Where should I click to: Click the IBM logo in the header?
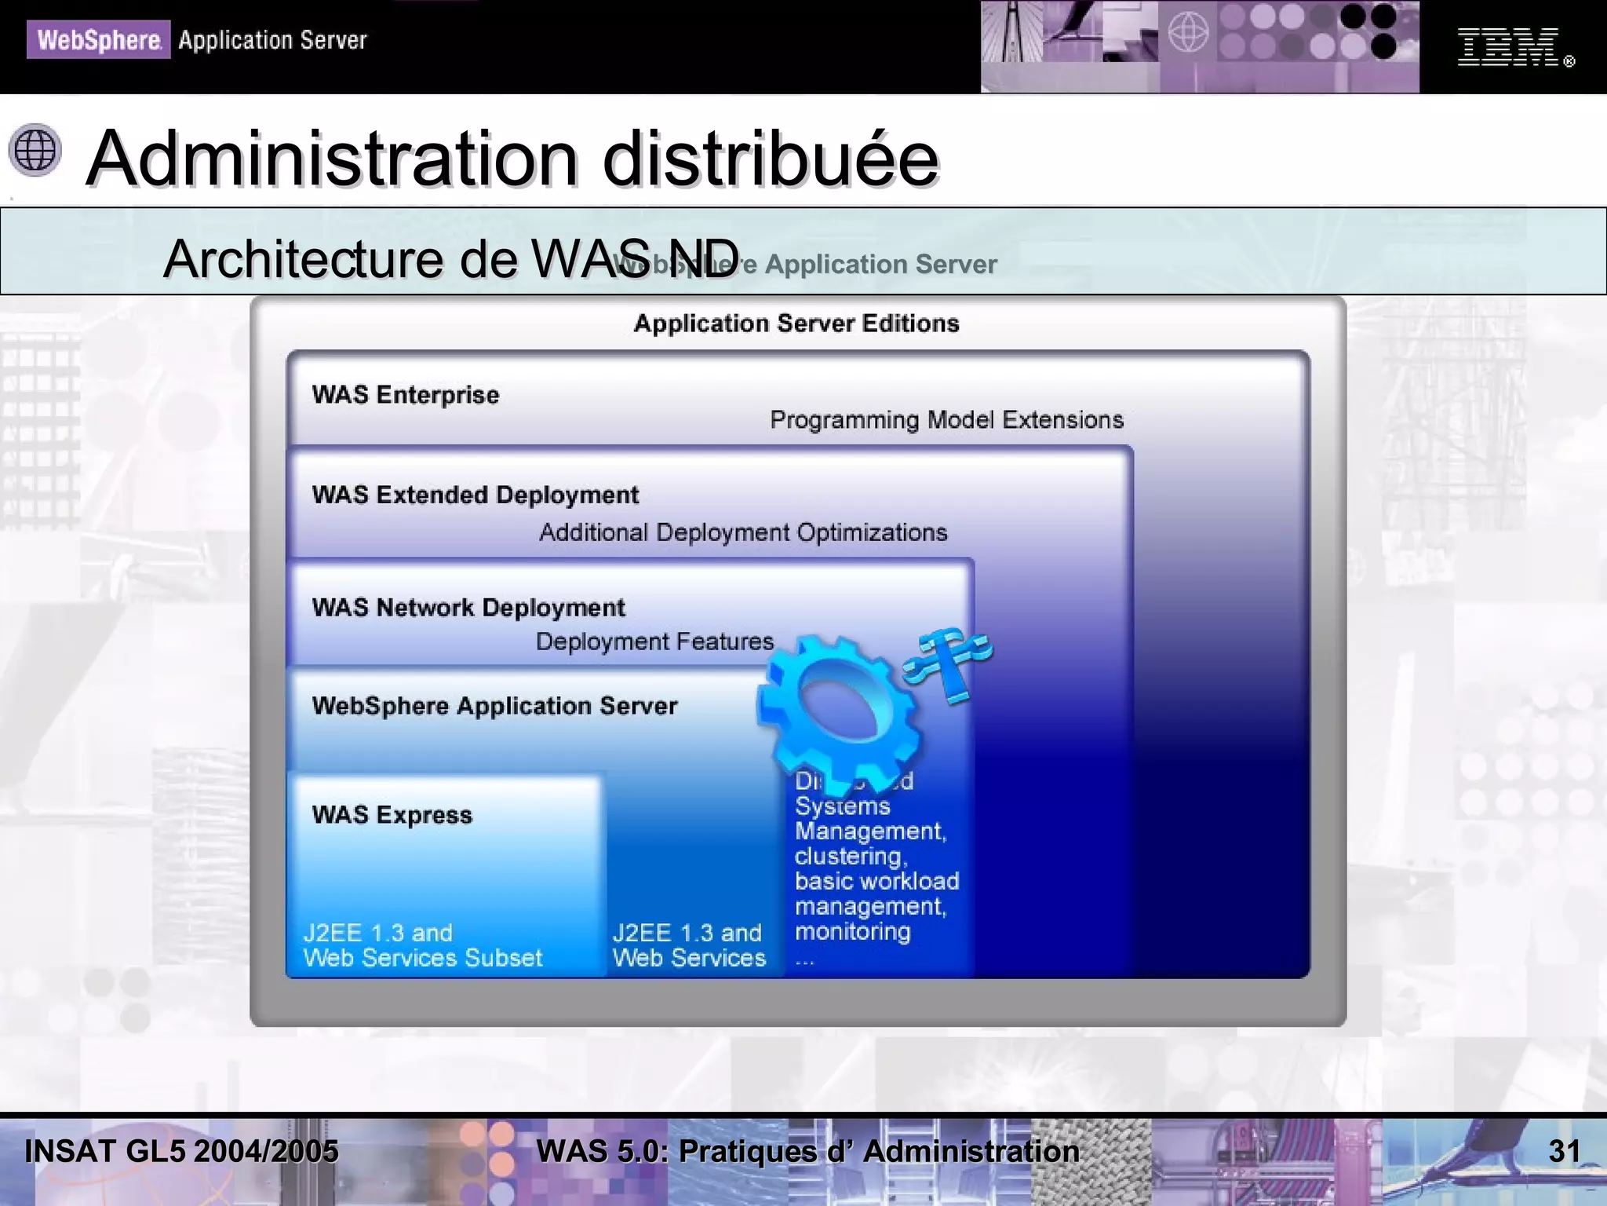tap(1507, 46)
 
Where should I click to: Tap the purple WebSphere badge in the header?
tap(98, 39)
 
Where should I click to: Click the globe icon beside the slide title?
tap(35, 149)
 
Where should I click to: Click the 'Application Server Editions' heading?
tap(796, 323)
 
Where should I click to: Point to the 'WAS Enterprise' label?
tap(405, 394)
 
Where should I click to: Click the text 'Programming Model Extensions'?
tap(946, 420)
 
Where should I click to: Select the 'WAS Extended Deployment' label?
tap(475, 495)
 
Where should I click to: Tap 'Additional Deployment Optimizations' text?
tap(742, 532)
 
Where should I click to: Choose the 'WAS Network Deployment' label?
tap(468, 607)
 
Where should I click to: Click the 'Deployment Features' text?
tap(654, 641)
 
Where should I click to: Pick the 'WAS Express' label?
tap(392, 815)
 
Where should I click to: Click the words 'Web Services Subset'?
tap(422, 958)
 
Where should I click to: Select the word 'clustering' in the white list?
tap(849, 856)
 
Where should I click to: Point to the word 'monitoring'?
tap(852, 932)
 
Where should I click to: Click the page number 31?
tap(1564, 1151)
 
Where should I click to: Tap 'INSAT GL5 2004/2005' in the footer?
tap(181, 1151)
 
